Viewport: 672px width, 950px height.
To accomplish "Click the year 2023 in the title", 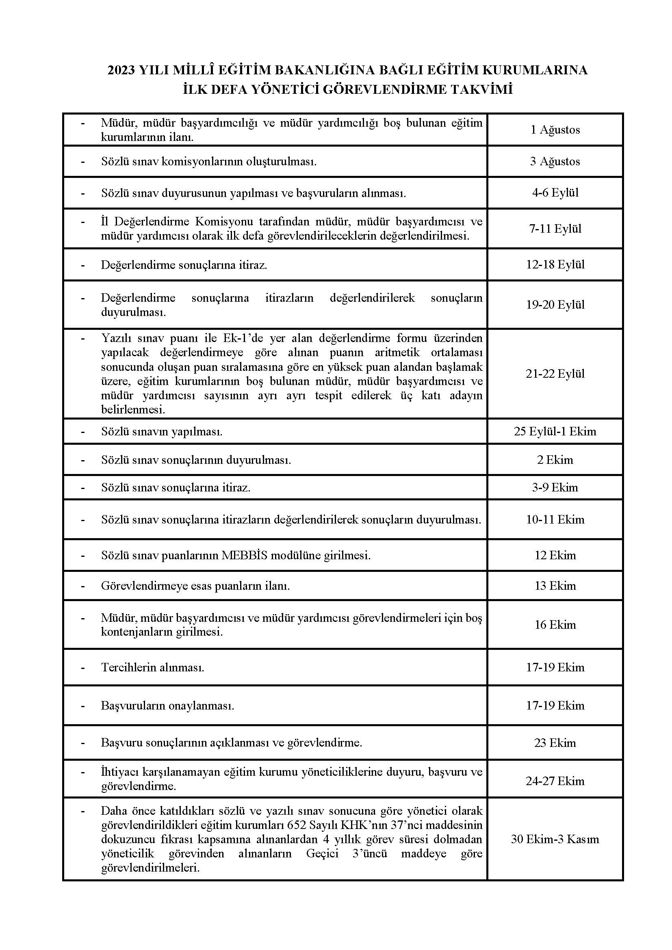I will point(121,71).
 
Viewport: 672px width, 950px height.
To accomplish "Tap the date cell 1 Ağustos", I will point(555,130).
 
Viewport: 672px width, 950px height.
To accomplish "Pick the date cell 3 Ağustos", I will point(555,161).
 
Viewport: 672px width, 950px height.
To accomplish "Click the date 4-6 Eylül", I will point(555,193).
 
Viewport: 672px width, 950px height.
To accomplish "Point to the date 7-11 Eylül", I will point(555,229).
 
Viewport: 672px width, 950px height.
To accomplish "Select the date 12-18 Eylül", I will point(555,265).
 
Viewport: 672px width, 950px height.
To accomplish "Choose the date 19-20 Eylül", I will point(555,305).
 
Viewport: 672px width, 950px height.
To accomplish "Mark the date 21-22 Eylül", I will point(555,374).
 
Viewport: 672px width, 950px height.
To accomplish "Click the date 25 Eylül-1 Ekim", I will point(555,432).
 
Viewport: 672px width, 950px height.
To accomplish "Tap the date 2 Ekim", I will point(555,460).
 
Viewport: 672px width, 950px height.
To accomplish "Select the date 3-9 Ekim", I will point(555,487).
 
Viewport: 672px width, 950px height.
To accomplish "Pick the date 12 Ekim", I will point(555,555).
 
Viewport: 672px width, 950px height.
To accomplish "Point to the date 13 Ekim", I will point(555,586).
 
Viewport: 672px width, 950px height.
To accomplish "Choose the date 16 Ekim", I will point(555,625).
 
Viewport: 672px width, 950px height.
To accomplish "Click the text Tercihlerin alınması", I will point(153,667).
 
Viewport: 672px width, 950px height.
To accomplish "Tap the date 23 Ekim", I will point(555,743).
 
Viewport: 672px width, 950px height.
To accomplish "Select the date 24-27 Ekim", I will point(555,781).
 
